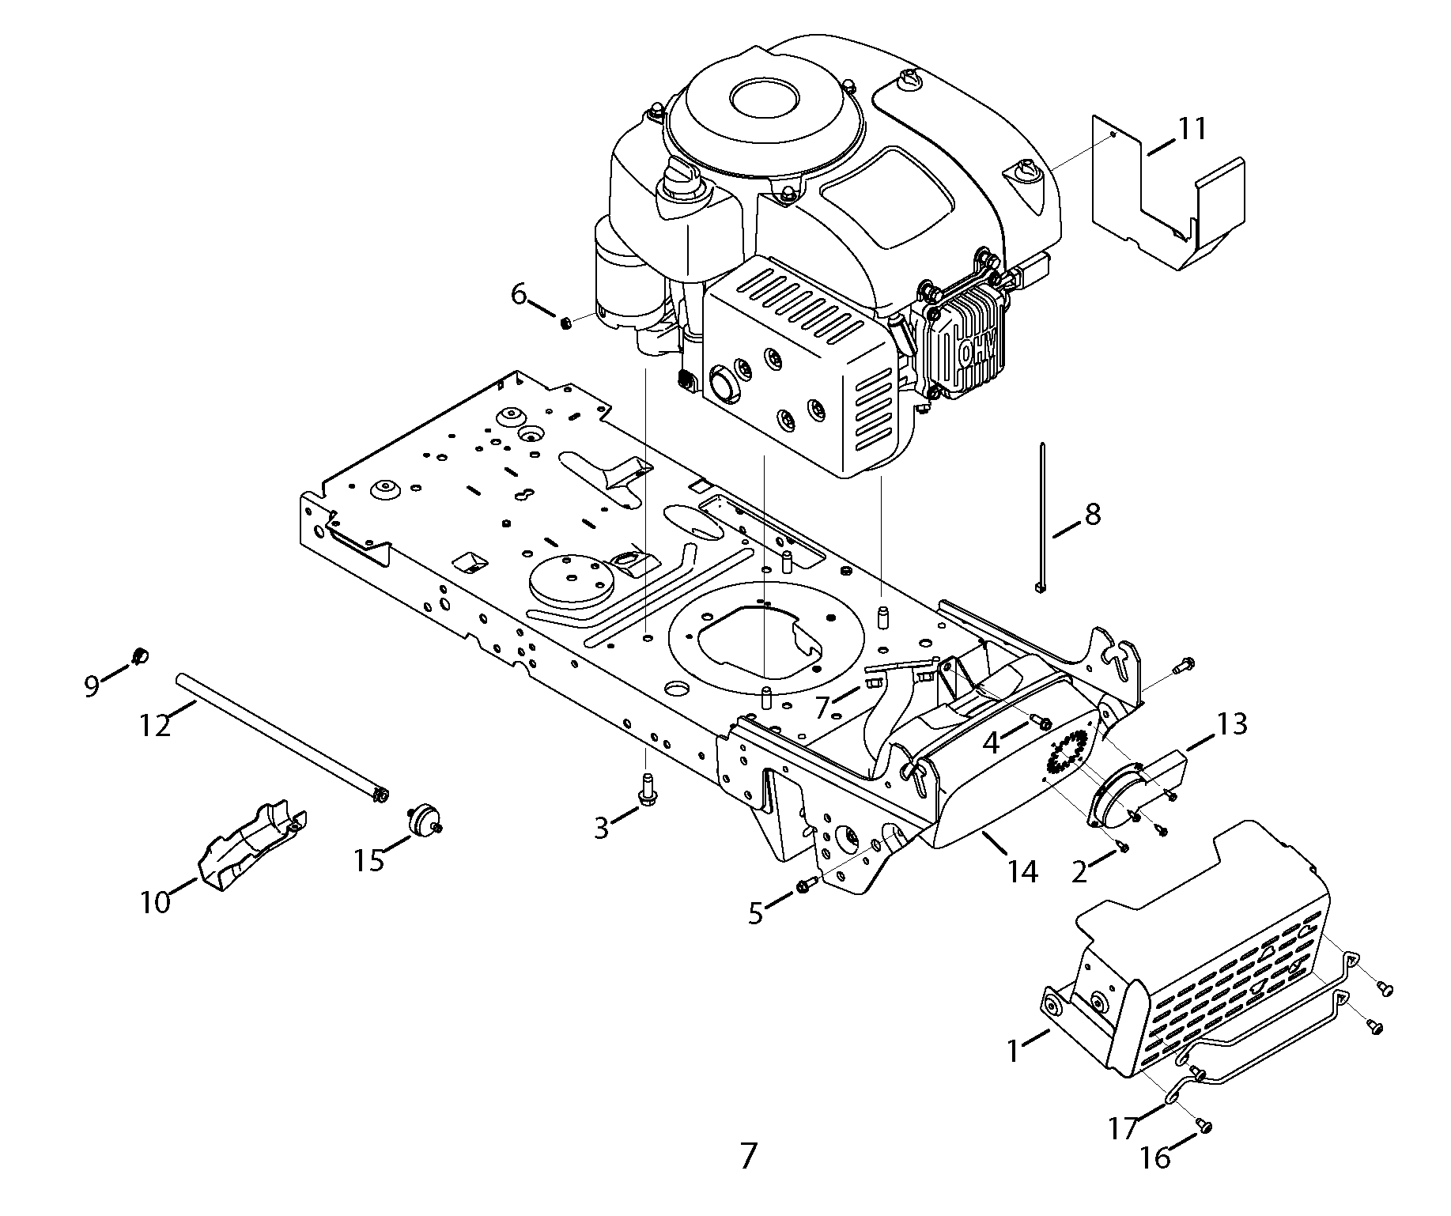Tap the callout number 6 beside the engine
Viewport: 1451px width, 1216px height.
pos(519,294)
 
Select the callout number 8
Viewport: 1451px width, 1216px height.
pos(1092,515)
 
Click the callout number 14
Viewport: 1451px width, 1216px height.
pos(1022,872)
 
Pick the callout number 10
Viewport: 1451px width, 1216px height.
pos(156,901)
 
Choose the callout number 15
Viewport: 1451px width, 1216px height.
pos(369,860)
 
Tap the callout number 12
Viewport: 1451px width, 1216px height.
pos(155,725)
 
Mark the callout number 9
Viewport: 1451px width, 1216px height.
pos(93,686)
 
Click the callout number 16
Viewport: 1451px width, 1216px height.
pos(1155,1158)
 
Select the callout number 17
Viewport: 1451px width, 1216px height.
pos(1123,1128)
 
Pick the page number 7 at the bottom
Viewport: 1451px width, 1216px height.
pos(749,1156)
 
